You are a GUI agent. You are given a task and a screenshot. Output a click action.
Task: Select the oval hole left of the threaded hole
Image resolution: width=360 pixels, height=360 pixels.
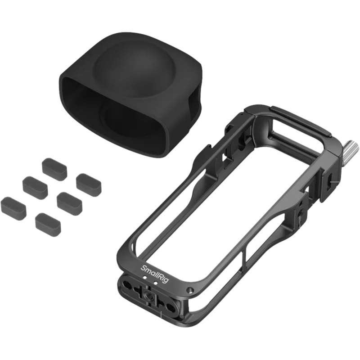click(128, 284)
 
